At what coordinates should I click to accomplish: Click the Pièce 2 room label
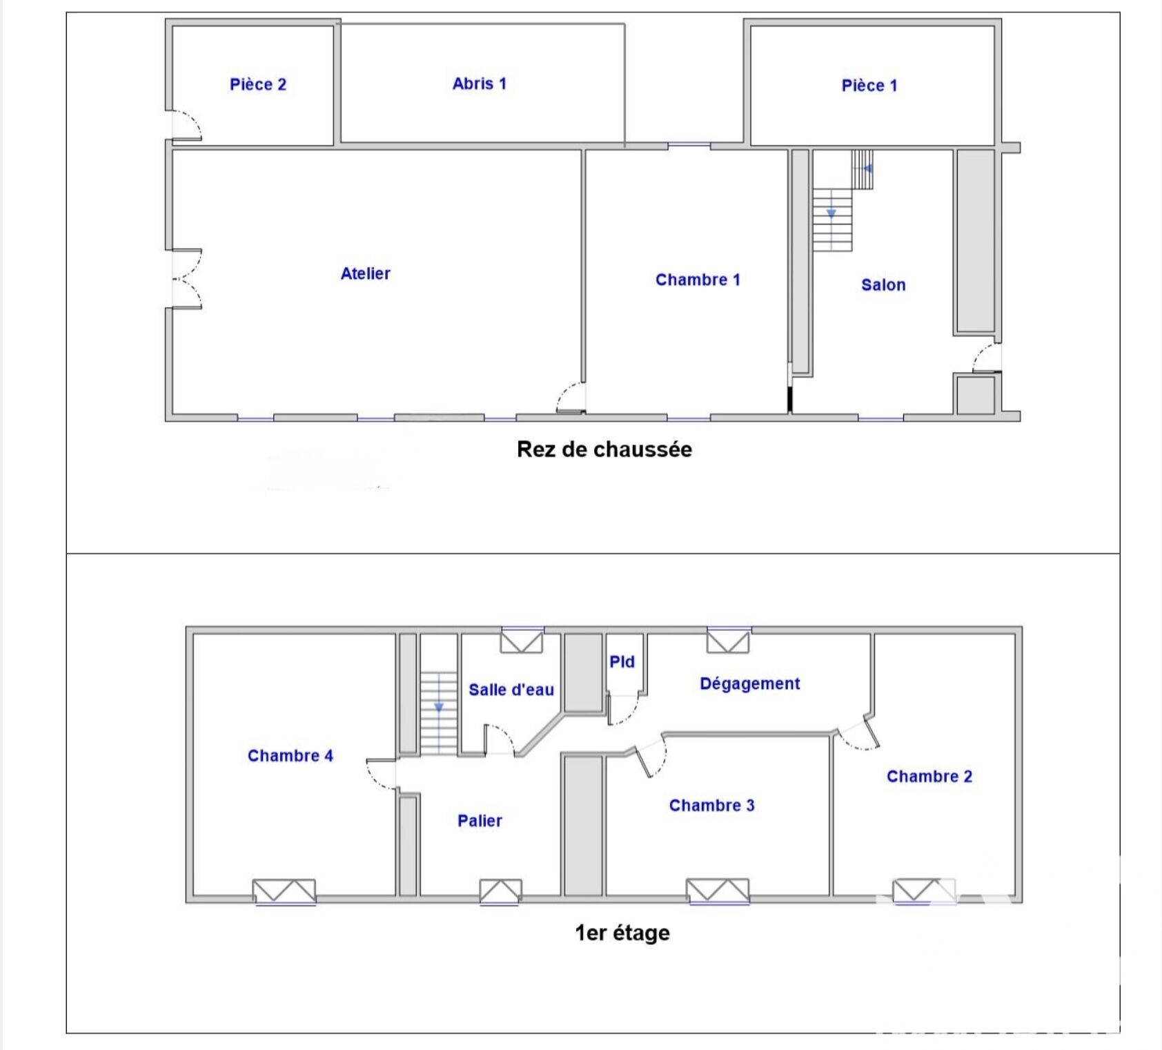click(257, 84)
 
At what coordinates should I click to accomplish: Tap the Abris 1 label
click(479, 84)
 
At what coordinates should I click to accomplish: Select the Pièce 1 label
click(869, 86)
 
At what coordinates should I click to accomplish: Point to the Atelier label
click(365, 273)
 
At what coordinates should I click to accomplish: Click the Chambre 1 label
click(698, 280)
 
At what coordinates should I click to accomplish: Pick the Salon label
click(883, 284)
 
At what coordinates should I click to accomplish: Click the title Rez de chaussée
click(604, 449)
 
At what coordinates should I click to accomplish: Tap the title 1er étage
click(622, 933)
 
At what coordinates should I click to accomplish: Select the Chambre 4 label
click(290, 756)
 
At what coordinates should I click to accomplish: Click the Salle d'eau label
click(511, 690)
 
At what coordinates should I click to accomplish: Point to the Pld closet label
click(622, 662)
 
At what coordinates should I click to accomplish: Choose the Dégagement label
click(749, 683)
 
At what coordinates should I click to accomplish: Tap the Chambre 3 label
click(711, 806)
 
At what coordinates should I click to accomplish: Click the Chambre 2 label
click(929, 777)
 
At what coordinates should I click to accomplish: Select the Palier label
click(480, 821)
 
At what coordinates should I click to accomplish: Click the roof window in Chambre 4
click(284, 891)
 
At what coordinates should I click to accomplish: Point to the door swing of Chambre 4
click(381, 773)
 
